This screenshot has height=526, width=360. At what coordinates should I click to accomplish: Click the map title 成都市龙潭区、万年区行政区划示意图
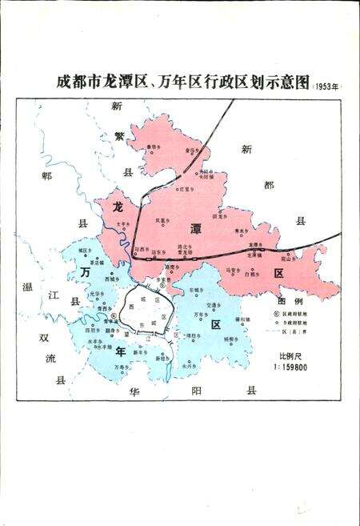pyautogui.click(x=183, y=82)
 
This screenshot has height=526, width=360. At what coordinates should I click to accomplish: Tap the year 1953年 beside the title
pyautogui.click(x=326, y=85)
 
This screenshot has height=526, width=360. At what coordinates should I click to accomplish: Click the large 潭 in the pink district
pyautogui.click(x=195, y=227)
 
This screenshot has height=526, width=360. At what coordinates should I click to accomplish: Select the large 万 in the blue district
pyautogui.click(x=86, y=272)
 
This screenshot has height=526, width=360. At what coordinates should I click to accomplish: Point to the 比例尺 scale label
pyautogui.click(x=290, y=355)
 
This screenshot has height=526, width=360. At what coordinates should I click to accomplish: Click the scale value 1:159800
pyautogui.click(x=294, y=367)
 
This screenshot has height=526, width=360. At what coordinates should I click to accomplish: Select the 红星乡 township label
pyautogui.click(x=186, y=189)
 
